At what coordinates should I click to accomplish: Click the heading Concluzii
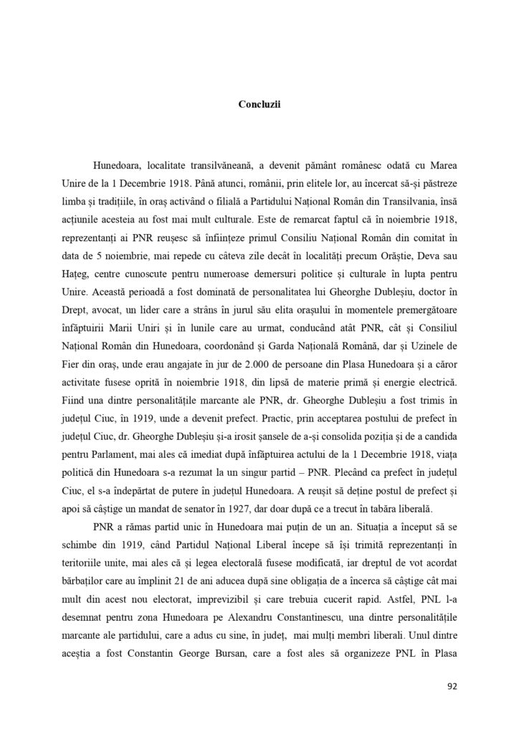coord(259,103)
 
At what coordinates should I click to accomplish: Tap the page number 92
coord(452,685)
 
